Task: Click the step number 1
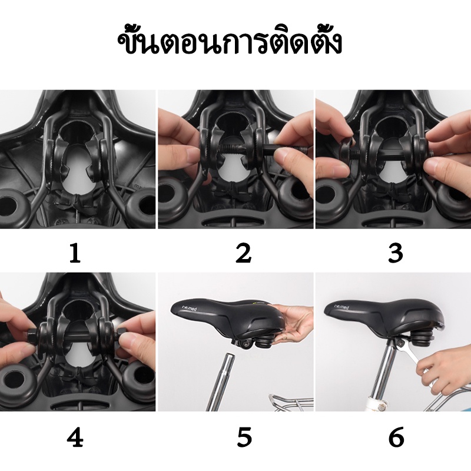[x=75, y=253]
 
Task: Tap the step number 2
[x=243, y=253]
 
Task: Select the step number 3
[x=395, y=253]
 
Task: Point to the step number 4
[x=75, y=437]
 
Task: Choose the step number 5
[x=244, y=437]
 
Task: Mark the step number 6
[x=396, y=437]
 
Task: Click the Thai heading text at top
[x=230, y=43]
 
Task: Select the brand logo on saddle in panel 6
[x=342, y=307]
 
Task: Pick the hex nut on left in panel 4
[x=32, y=334]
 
